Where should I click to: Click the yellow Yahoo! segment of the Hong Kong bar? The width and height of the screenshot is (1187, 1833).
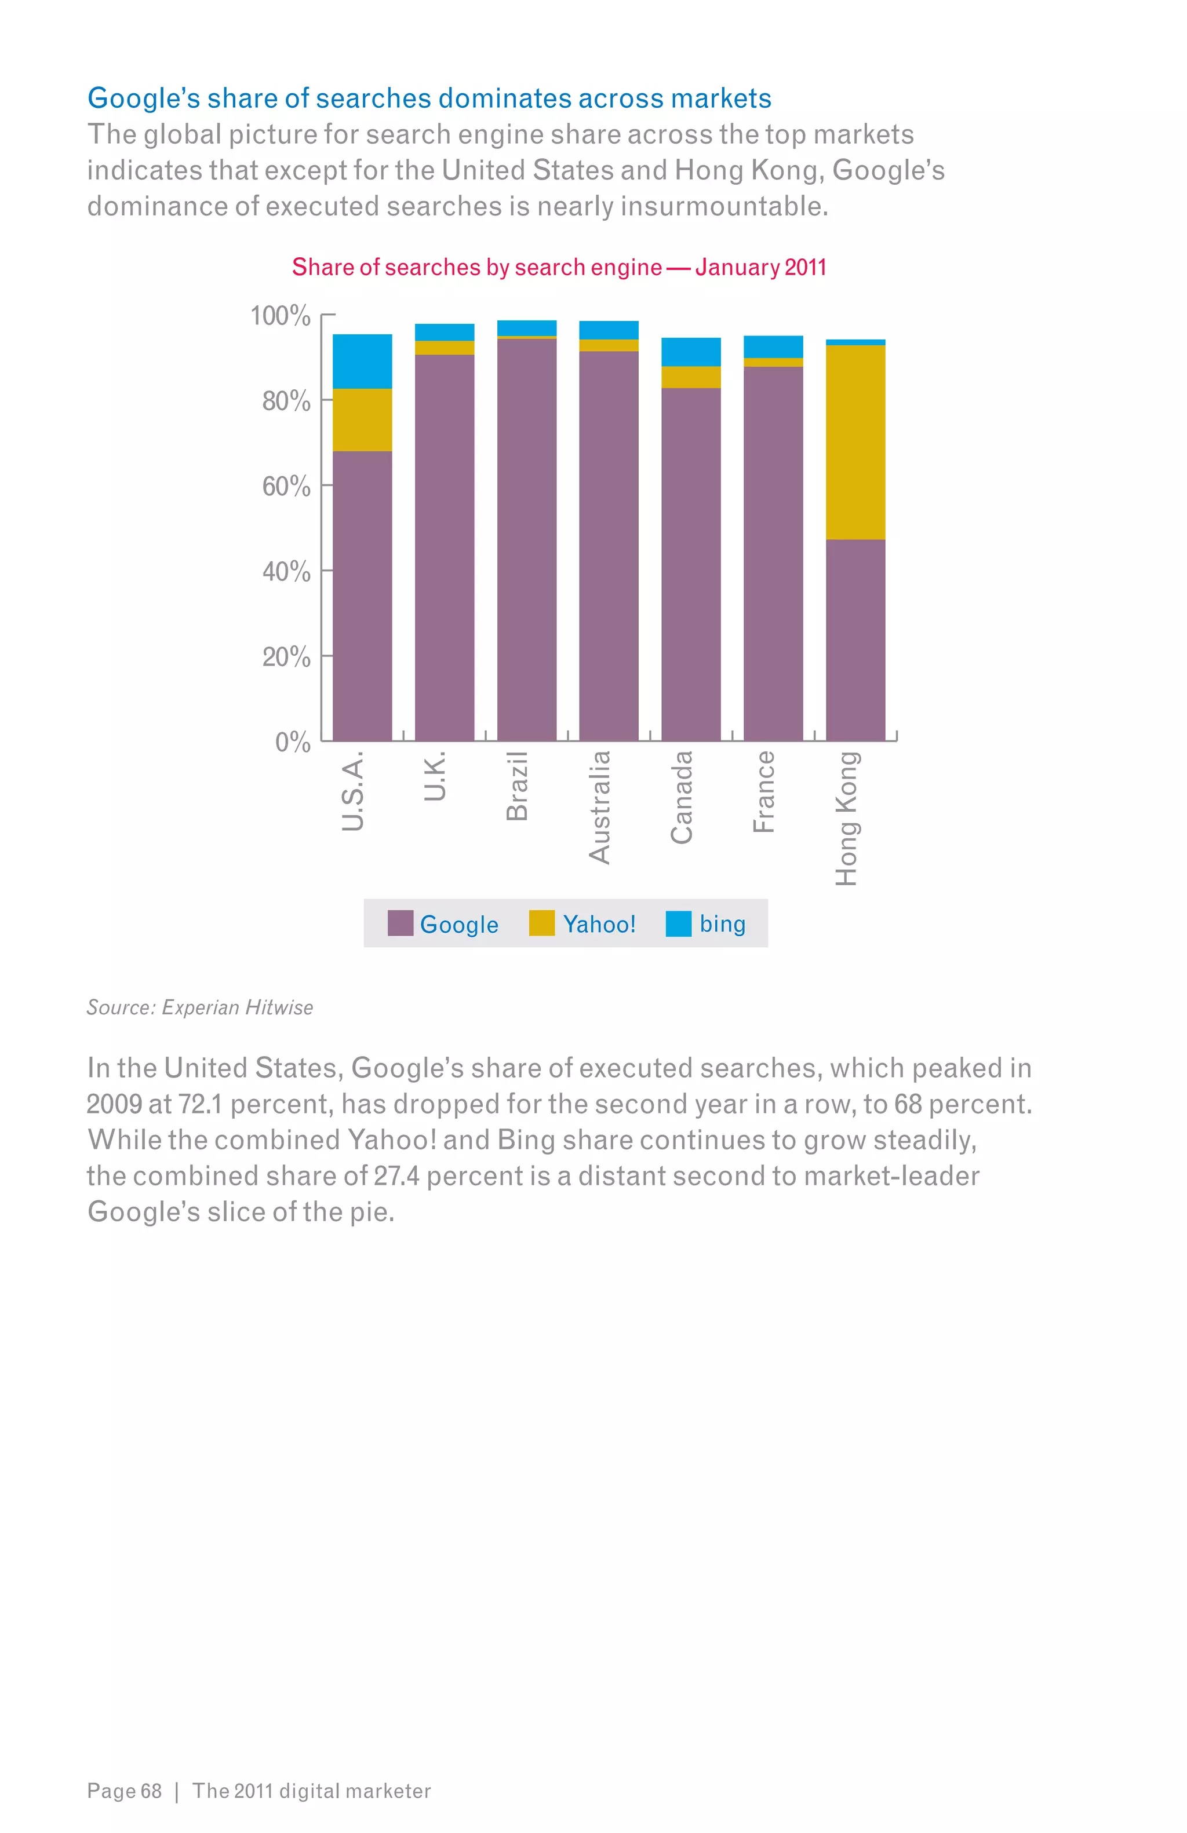click(855, 442)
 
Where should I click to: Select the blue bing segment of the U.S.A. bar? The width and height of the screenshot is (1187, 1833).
click(362, 360)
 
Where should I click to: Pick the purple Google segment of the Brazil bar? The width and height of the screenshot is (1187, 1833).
click(527, 539)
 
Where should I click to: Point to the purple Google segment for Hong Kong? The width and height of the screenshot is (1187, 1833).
click(855, 639)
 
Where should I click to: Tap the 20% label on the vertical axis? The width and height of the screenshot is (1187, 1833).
click(286, 657)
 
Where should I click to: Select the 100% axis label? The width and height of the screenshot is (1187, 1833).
click(281, 316)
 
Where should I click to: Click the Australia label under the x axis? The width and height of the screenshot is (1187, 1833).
click(599, 806)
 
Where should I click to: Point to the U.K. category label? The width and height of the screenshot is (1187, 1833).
click(435, 776)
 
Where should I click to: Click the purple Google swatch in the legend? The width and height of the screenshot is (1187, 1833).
click(400, 923)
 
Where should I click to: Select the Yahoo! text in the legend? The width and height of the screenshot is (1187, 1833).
click(599, 923)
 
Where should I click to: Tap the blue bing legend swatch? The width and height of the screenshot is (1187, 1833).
click(678, 923)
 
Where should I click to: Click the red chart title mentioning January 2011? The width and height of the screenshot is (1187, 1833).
click(559, 267)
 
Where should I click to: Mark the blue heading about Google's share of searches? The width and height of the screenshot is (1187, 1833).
click(429, 98)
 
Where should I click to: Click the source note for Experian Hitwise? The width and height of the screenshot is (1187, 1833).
click(199, 1007)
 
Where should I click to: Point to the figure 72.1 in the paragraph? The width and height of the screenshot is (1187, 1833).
click(199, 1104)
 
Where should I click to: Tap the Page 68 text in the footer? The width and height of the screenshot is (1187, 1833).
click(124, 1791)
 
